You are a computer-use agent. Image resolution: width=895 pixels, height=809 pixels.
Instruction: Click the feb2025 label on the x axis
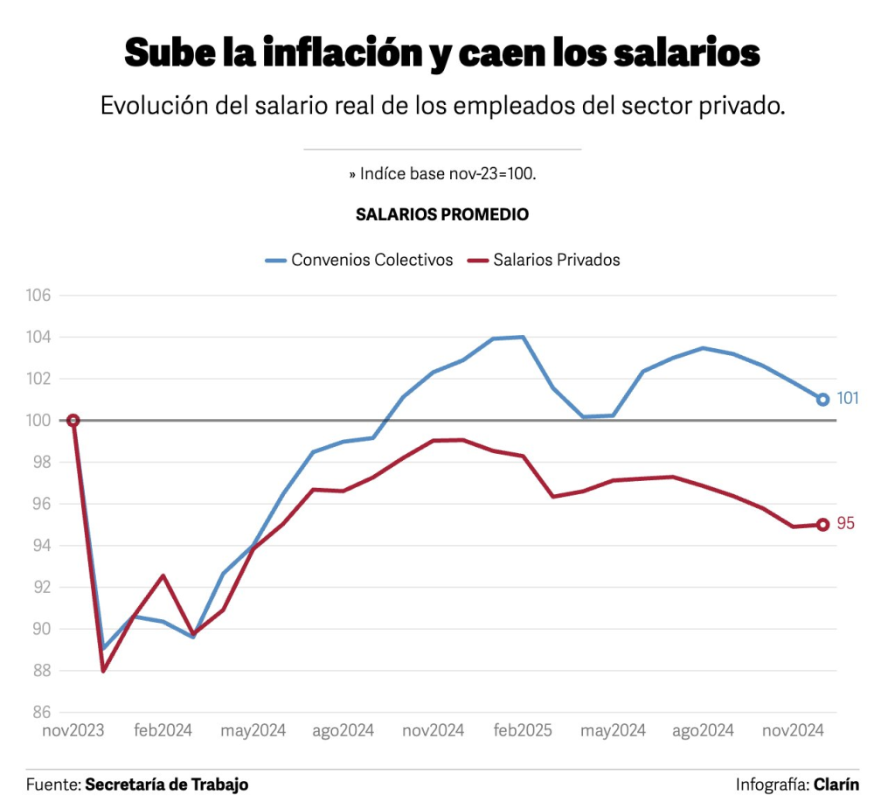(522, 731)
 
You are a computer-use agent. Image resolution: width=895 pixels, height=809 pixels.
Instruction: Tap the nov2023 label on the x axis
(73, 731)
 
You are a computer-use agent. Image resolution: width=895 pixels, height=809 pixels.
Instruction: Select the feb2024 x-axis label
(164, 731)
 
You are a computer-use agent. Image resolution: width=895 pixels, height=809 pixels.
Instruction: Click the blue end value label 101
(848, 399)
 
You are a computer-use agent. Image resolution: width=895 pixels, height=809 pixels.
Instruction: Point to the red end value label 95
(846, 524)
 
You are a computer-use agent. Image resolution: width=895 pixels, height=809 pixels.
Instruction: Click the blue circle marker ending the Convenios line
(822, 399)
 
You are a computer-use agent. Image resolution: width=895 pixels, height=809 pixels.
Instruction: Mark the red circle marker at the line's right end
(822, 525)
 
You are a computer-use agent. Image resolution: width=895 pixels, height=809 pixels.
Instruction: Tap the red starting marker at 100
(73, 421)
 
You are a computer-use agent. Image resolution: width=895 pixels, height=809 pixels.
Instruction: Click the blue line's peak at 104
(523, 337)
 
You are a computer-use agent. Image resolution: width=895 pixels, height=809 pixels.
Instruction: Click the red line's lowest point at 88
(103, 671)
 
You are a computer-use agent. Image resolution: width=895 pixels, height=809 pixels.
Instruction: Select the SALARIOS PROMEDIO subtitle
(442, 214)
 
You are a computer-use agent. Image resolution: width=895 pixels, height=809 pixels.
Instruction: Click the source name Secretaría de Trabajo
(166, 785)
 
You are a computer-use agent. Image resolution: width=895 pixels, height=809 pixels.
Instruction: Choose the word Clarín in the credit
(836, 785)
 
